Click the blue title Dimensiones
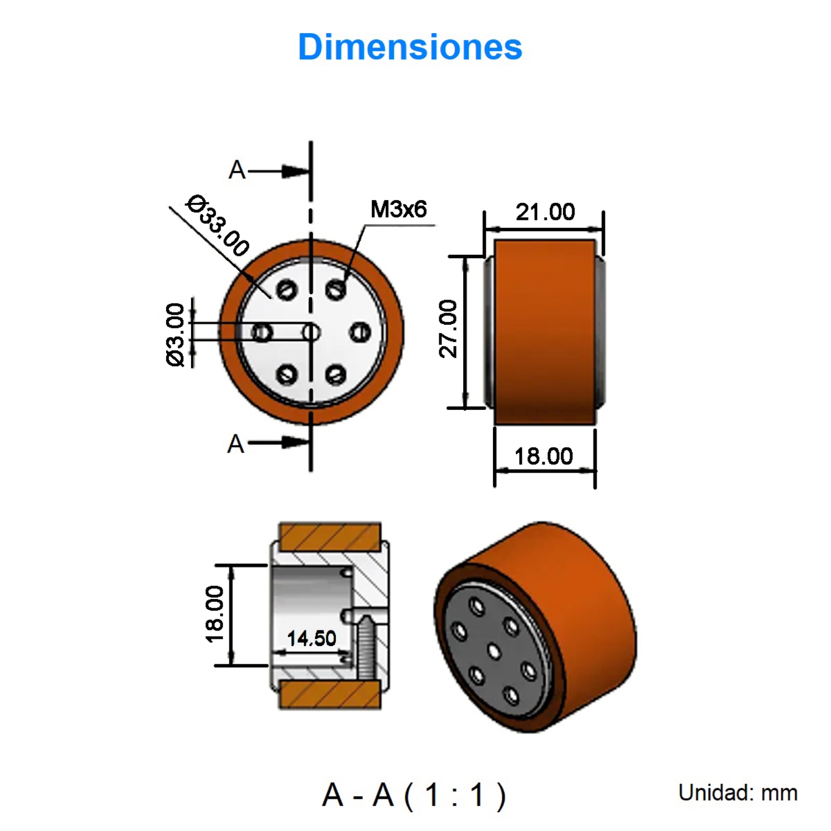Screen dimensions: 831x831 click(x=410, y=47)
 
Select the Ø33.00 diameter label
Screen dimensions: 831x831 click(x=218, y=225)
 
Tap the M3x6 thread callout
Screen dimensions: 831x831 click(x=398, y=209)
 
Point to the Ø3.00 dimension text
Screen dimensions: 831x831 click(x=175, y=334)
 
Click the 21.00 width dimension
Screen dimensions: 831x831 click(x=545, y=212)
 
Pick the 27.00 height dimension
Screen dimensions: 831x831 click(x=448, y=329)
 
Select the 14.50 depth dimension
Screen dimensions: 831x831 click(x=311, y=639)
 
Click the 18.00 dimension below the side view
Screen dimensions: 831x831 click(x=543, y=456)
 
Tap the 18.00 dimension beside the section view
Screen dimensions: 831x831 click(x=214, y=614)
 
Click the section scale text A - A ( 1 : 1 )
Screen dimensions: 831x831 click(x=414, y=795)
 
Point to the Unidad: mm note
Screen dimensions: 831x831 click(x=737, y=793)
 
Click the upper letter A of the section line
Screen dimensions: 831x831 click(x=237, y=170)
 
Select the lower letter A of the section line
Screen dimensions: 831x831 click(x=235, y=444)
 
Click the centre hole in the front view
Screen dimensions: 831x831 click(x=311, y=332)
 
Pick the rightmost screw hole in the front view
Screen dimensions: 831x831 click(x=361, y=332)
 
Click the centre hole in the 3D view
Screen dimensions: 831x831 click(x=494, y=651)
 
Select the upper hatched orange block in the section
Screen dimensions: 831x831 click(x=330, y=536)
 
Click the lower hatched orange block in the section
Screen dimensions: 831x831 click(x=330, y=695)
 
